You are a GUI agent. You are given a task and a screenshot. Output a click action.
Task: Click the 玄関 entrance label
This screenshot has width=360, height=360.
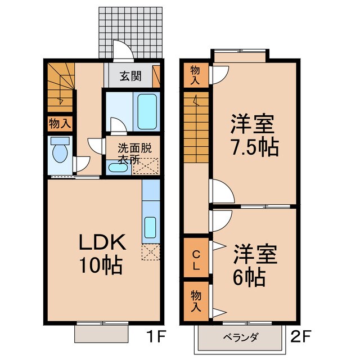click(x=129, y=75)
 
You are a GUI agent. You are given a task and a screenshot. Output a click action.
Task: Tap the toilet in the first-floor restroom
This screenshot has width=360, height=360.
click(x=58, y=151)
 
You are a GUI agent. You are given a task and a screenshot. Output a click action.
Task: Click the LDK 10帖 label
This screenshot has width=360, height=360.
click(x=101, y=254)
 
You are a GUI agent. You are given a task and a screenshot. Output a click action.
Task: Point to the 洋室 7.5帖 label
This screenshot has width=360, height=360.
click(x=254, y=136)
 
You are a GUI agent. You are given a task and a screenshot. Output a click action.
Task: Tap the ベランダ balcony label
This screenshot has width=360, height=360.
click(x=240, y=337)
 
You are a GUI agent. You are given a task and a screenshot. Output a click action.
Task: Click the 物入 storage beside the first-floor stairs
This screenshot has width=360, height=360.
click(x=59, y=124)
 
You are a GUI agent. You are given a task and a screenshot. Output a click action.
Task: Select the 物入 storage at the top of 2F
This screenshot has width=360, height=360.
click(x=195, y=75)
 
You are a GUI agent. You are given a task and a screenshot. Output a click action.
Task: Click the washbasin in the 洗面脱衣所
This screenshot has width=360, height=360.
click(x=112, y=167)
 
